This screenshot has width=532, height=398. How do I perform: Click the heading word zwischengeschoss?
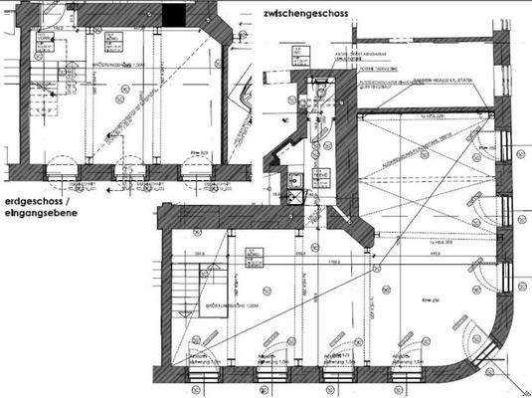[x=310, y=15]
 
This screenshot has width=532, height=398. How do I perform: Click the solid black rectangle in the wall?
[x=176, y=15]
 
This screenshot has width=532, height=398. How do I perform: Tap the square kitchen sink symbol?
[x=295, y=181]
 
